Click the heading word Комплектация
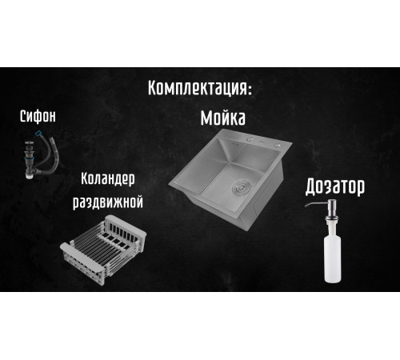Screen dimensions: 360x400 click(197, 88)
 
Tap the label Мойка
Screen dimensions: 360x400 click(222, 118)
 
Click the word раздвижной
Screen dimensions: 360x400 click(108, 202)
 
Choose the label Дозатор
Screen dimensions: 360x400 click(335, 187)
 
